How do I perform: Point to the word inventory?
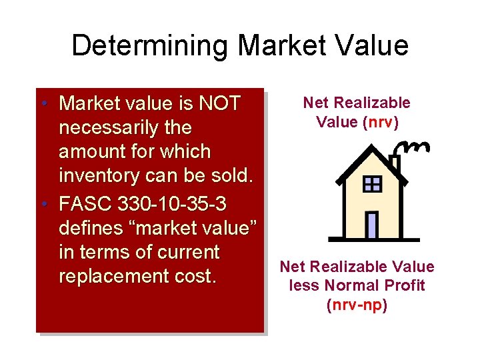click(99, 177)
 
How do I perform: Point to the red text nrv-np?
click(357, 305)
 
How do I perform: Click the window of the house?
click(372, 184)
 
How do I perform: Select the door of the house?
click(372, 225)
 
